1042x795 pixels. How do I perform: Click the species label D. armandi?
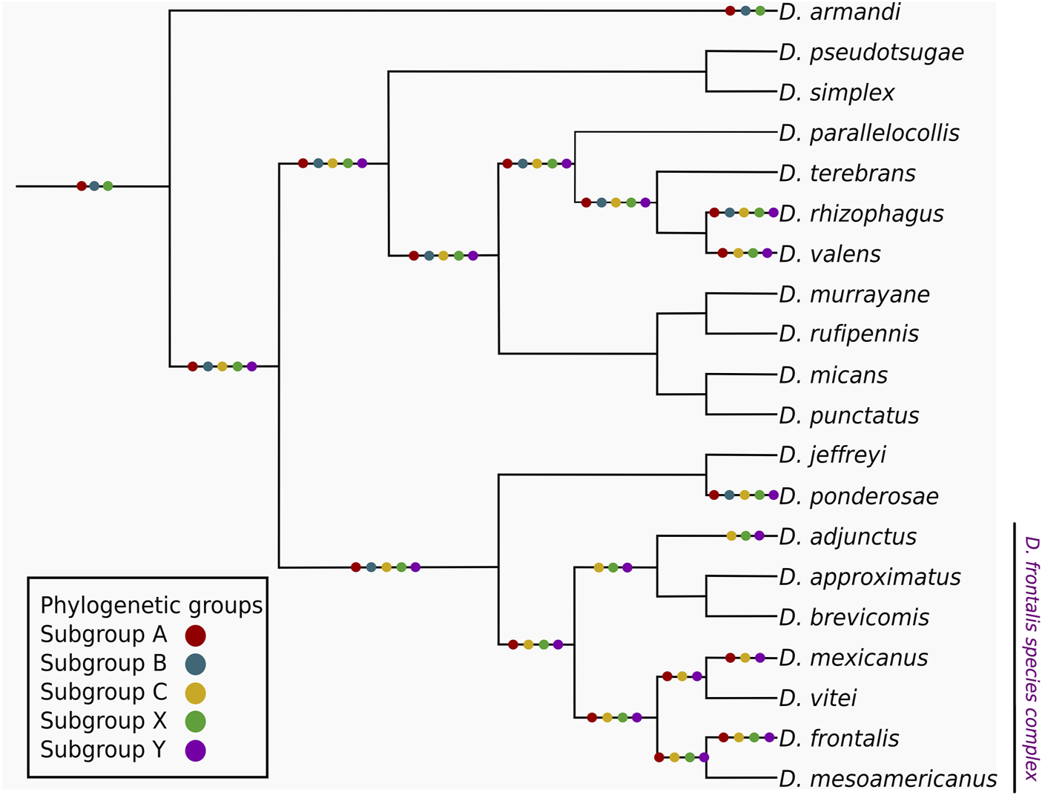pyautogui.click(x=840, y=12)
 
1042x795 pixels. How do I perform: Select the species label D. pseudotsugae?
pyautogui.click(x=871, y=53)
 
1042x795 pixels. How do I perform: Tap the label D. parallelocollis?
pyautogui.click(x=869, y=133)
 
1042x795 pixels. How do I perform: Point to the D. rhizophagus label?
pyautogui.click(x=861, y=214)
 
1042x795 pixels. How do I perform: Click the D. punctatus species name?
pyautogui.click(x=849, y=416)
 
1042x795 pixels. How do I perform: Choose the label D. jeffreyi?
pyautogui.click(x=832, y=455)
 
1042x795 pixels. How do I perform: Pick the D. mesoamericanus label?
pyautogui.click(x=888, y=779)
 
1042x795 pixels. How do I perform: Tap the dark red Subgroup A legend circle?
pyautogui.click(x=195, y=636)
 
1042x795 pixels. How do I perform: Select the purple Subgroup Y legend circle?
pyautogui.click(x=195, y=751)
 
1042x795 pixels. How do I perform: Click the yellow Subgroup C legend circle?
pyautogui.click(x=195, y=693)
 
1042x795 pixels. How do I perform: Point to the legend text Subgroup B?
pyautogui.click(x=103, y=664)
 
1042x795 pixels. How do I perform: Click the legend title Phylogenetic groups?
pyautogui.click(x=151, y=606)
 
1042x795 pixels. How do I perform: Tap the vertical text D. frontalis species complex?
pyautogui.click(x=1031, y=658)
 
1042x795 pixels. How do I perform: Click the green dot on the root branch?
pyautogui.click(x=108, y=186)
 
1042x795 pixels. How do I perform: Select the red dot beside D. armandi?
pyautogui.click(x=731, y=11)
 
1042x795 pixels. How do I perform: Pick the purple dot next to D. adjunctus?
pyautogui.click(x=759, y=535)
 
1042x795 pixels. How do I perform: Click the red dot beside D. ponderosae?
pyautogui.click(x=714, y=495)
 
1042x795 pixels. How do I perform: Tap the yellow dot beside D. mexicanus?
pyautogui.click(x=745, y=659)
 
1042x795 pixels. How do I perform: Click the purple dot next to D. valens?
pyautogui.click(x=767, y=254)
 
